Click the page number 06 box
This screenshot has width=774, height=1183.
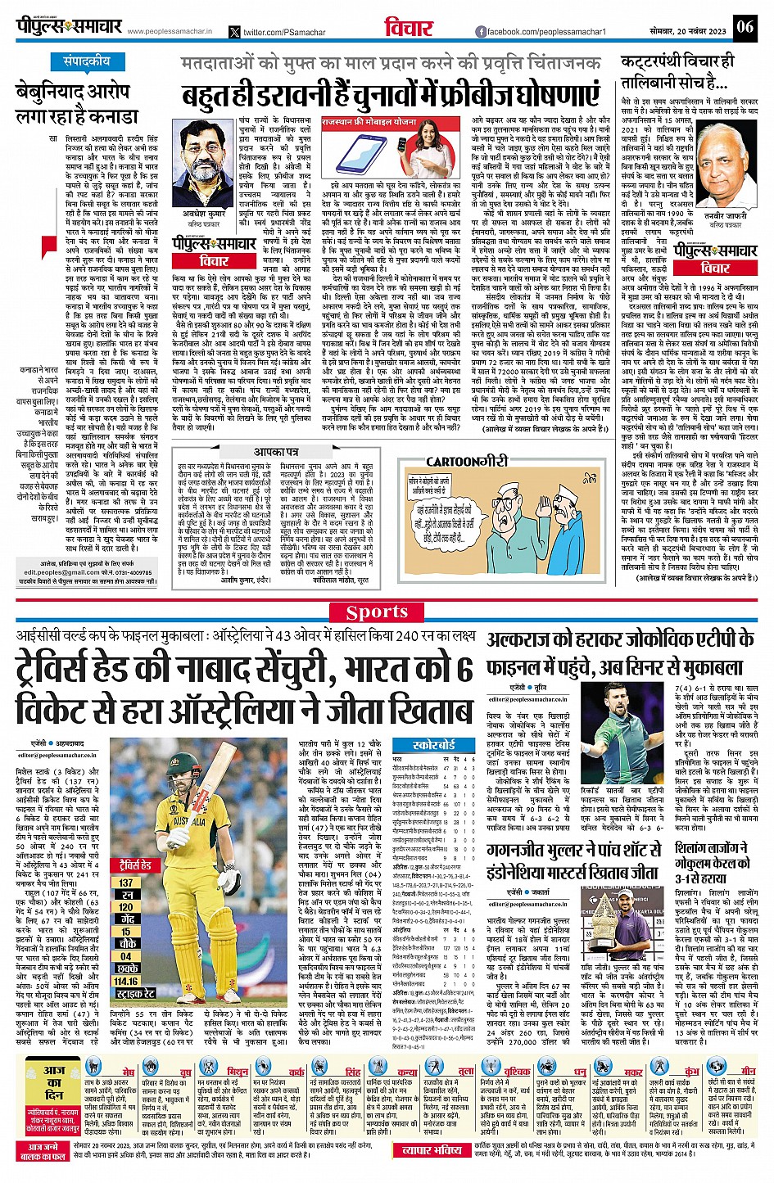coord(744,27)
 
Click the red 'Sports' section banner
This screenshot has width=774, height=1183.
coord(376,612)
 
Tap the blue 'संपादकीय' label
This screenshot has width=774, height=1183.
coord(87,61)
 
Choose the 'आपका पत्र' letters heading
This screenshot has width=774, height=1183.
coord(276,452)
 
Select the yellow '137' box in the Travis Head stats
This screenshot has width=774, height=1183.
coord(126,883)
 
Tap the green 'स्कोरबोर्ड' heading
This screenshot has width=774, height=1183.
coord(433,746)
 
